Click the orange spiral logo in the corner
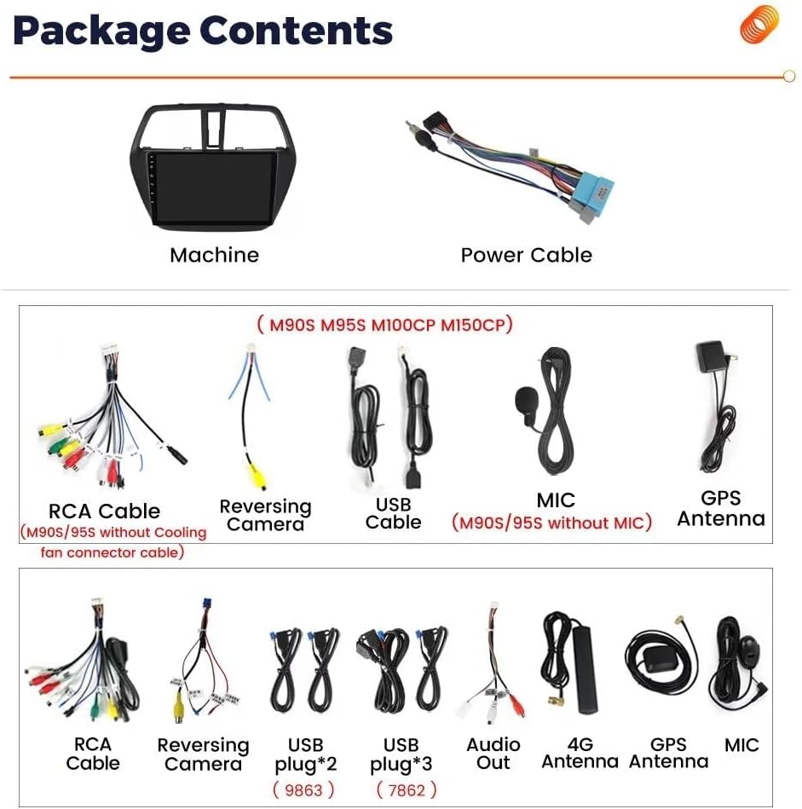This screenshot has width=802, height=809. click(x=759, y=24)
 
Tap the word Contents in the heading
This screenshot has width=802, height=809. click(x=297, y=31)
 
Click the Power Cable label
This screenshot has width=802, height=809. click(x=526, y=255)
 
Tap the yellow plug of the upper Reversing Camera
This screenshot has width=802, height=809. click(x=255, y=475)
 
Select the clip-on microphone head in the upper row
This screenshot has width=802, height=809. click(x=526, y=401)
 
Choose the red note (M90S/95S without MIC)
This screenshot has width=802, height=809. click(x=551, y=523)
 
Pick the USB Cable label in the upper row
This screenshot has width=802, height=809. click(x=393, y=513)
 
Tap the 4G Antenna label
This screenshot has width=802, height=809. click(x=580, y=753)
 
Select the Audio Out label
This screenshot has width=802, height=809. click(x=493, y=753)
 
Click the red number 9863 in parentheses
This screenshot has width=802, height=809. click(x=305, y=790)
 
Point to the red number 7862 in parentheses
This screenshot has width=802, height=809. click(x=407, y=790)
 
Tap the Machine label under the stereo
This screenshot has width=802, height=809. click(x=214, y=255)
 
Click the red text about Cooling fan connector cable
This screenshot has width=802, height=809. click(x=113, y=542)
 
